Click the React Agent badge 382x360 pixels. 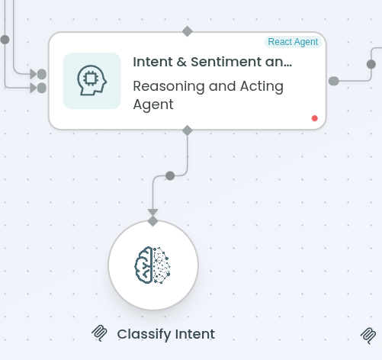coord(293,42)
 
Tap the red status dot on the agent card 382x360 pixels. coord(315,118)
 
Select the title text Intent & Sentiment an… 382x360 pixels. coord(213,62)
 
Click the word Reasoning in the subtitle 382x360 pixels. coord(169,86)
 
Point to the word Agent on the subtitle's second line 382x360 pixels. coord(153,104)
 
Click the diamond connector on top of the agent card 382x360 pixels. coord(188,31)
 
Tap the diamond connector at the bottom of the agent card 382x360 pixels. coord(188,130)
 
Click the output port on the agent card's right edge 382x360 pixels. coord(334,81)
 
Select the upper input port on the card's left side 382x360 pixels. coord(42,74)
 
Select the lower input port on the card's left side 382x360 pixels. coord(42,88)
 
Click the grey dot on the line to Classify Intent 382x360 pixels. coord(170,175)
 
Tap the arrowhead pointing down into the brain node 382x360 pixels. coord(152,212)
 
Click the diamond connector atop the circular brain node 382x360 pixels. coord(152,221)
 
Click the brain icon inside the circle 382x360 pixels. coord(152,265)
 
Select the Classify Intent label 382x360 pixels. coord(166,334)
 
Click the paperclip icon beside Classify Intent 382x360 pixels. coord(99,333)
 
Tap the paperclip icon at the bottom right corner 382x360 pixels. coord(368,336)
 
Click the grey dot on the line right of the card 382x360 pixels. coord(371,64)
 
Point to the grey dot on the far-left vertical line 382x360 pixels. coord(5,40)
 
